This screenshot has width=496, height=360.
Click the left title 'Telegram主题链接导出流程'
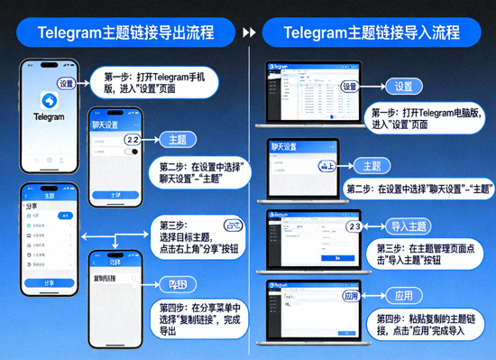tap(125, 33)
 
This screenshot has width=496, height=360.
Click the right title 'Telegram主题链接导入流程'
tap(372, 33)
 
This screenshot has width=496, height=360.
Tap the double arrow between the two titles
tap(249, 33)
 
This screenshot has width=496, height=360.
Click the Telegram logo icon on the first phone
tap(50, 97)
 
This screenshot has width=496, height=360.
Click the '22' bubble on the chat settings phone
tap(132, 140)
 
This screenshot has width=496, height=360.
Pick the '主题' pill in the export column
tap(178, 140)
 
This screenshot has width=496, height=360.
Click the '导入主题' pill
tap(409, 226)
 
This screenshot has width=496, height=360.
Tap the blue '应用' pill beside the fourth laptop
tap(403, 296)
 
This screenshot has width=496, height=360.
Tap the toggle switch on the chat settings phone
tap(134, 152)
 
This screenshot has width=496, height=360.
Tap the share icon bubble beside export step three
tap(234, 224)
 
